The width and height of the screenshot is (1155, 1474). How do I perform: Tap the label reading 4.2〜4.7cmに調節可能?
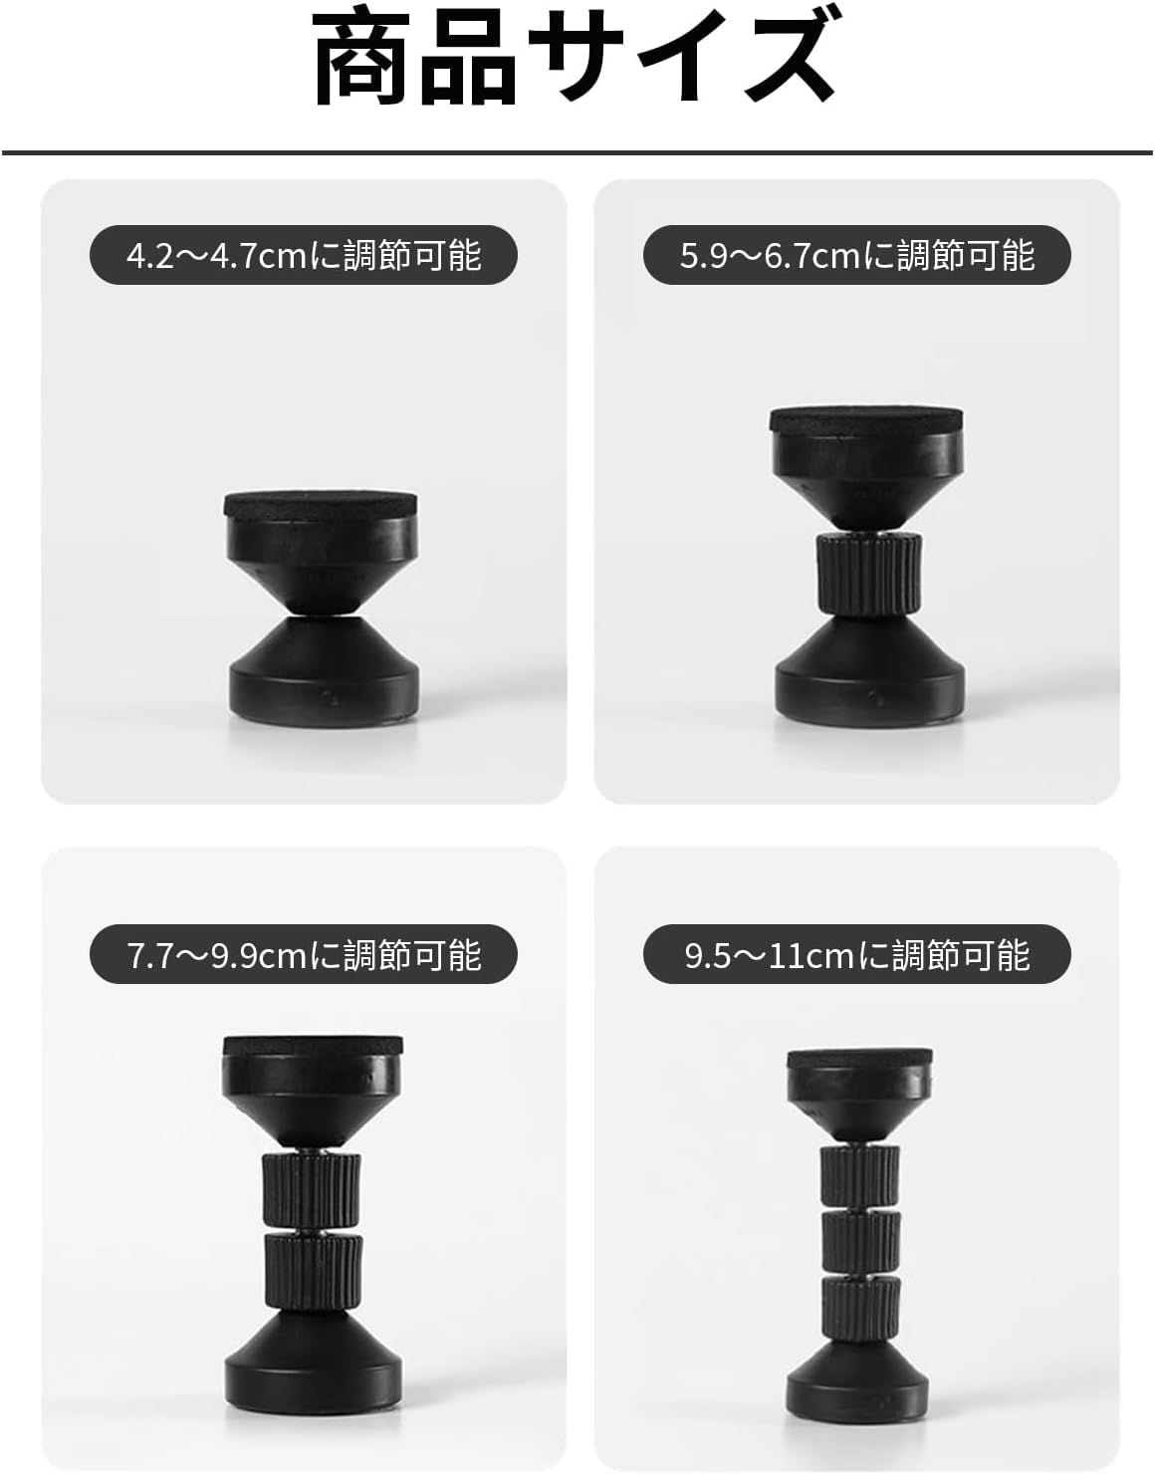coord(304,256)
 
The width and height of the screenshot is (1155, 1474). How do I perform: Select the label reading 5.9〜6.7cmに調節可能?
coord(857,256)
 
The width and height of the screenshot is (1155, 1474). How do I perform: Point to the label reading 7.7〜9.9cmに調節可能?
coord(304,955)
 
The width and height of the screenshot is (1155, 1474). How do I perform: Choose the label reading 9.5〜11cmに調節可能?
coord(857,955)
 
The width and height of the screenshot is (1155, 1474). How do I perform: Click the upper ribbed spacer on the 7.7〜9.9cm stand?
coord(313,1191)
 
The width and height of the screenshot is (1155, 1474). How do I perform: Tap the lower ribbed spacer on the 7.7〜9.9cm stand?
coord(313,1270)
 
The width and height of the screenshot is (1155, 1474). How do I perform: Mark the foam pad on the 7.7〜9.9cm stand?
coord(313,1045)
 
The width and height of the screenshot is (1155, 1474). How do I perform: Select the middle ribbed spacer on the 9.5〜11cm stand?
coord(860,1239)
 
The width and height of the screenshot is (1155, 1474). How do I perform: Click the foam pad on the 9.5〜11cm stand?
coord(860,1058)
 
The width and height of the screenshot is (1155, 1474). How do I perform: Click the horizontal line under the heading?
coord(577,153)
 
